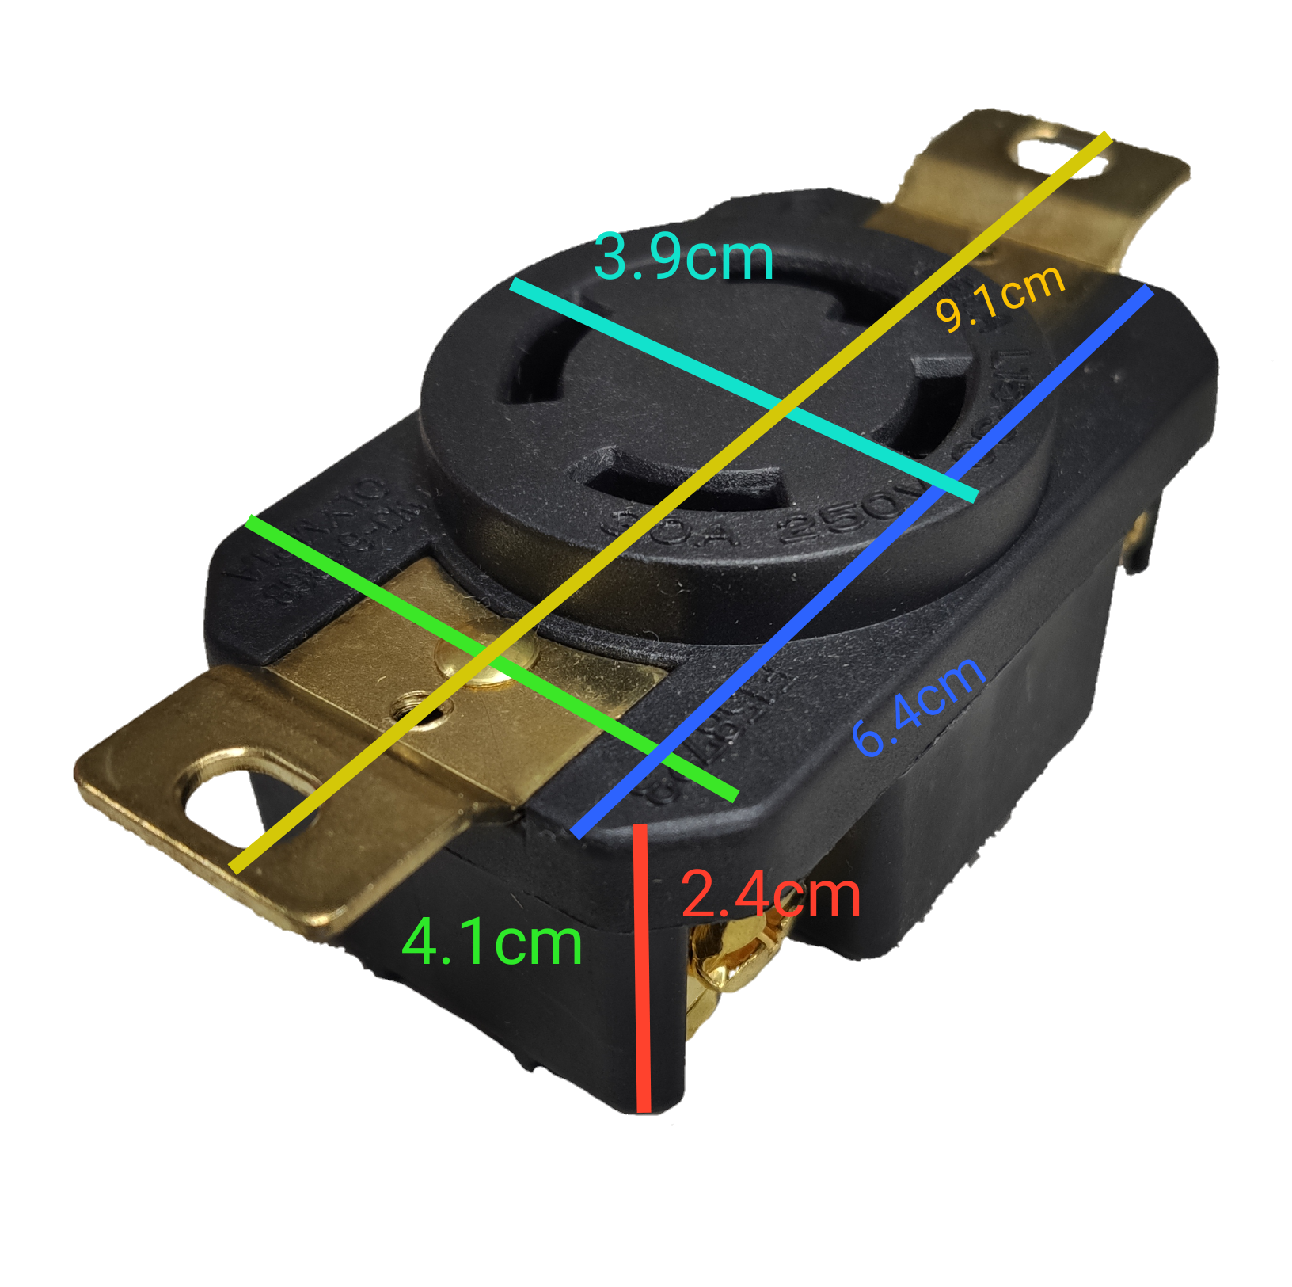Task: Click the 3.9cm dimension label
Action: (x=682, y=258)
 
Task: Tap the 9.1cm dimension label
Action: (x=999, y=296)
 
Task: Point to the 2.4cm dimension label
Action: (x=769, y=896)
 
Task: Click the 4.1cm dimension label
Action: (x=492, y=942)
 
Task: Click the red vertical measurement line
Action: (x=643, y=990)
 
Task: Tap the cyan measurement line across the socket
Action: (x=673, y=356)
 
